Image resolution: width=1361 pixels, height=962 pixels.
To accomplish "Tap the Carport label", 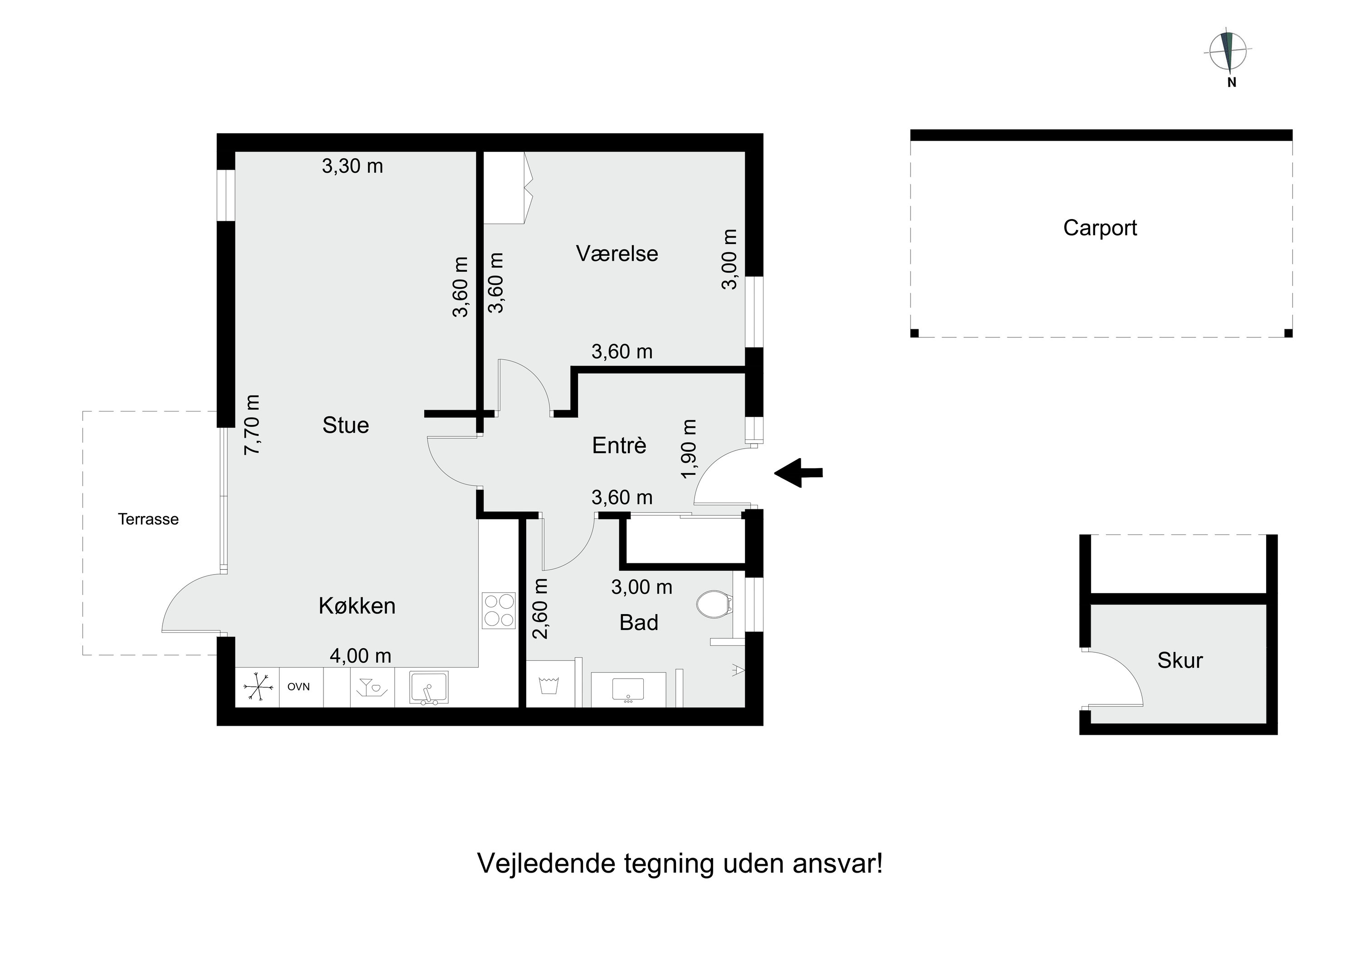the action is [1100, 228].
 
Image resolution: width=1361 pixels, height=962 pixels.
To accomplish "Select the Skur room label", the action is [1180, 660].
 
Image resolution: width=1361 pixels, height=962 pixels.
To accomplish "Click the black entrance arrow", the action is [798, 473].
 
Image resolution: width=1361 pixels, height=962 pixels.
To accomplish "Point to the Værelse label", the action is [617, 254].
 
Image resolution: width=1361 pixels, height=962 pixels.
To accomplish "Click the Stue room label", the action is [346, 425].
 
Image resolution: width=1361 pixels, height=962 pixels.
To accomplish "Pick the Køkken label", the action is [357, 606].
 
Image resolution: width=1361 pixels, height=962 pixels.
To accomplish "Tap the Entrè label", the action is [619, 445].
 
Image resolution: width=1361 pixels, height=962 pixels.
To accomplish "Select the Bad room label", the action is [638, 622].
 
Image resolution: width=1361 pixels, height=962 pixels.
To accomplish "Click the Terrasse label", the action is [148, 519].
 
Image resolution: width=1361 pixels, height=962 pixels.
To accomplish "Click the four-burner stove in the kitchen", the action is [499, 610].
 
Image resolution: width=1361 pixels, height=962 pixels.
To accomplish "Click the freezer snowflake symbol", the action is [258, 687].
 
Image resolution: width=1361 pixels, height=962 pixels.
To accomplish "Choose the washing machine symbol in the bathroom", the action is [551, 685].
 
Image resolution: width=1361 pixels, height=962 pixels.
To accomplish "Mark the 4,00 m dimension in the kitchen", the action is [360, 655].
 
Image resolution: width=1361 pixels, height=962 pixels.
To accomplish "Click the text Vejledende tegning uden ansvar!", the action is [680, 864].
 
